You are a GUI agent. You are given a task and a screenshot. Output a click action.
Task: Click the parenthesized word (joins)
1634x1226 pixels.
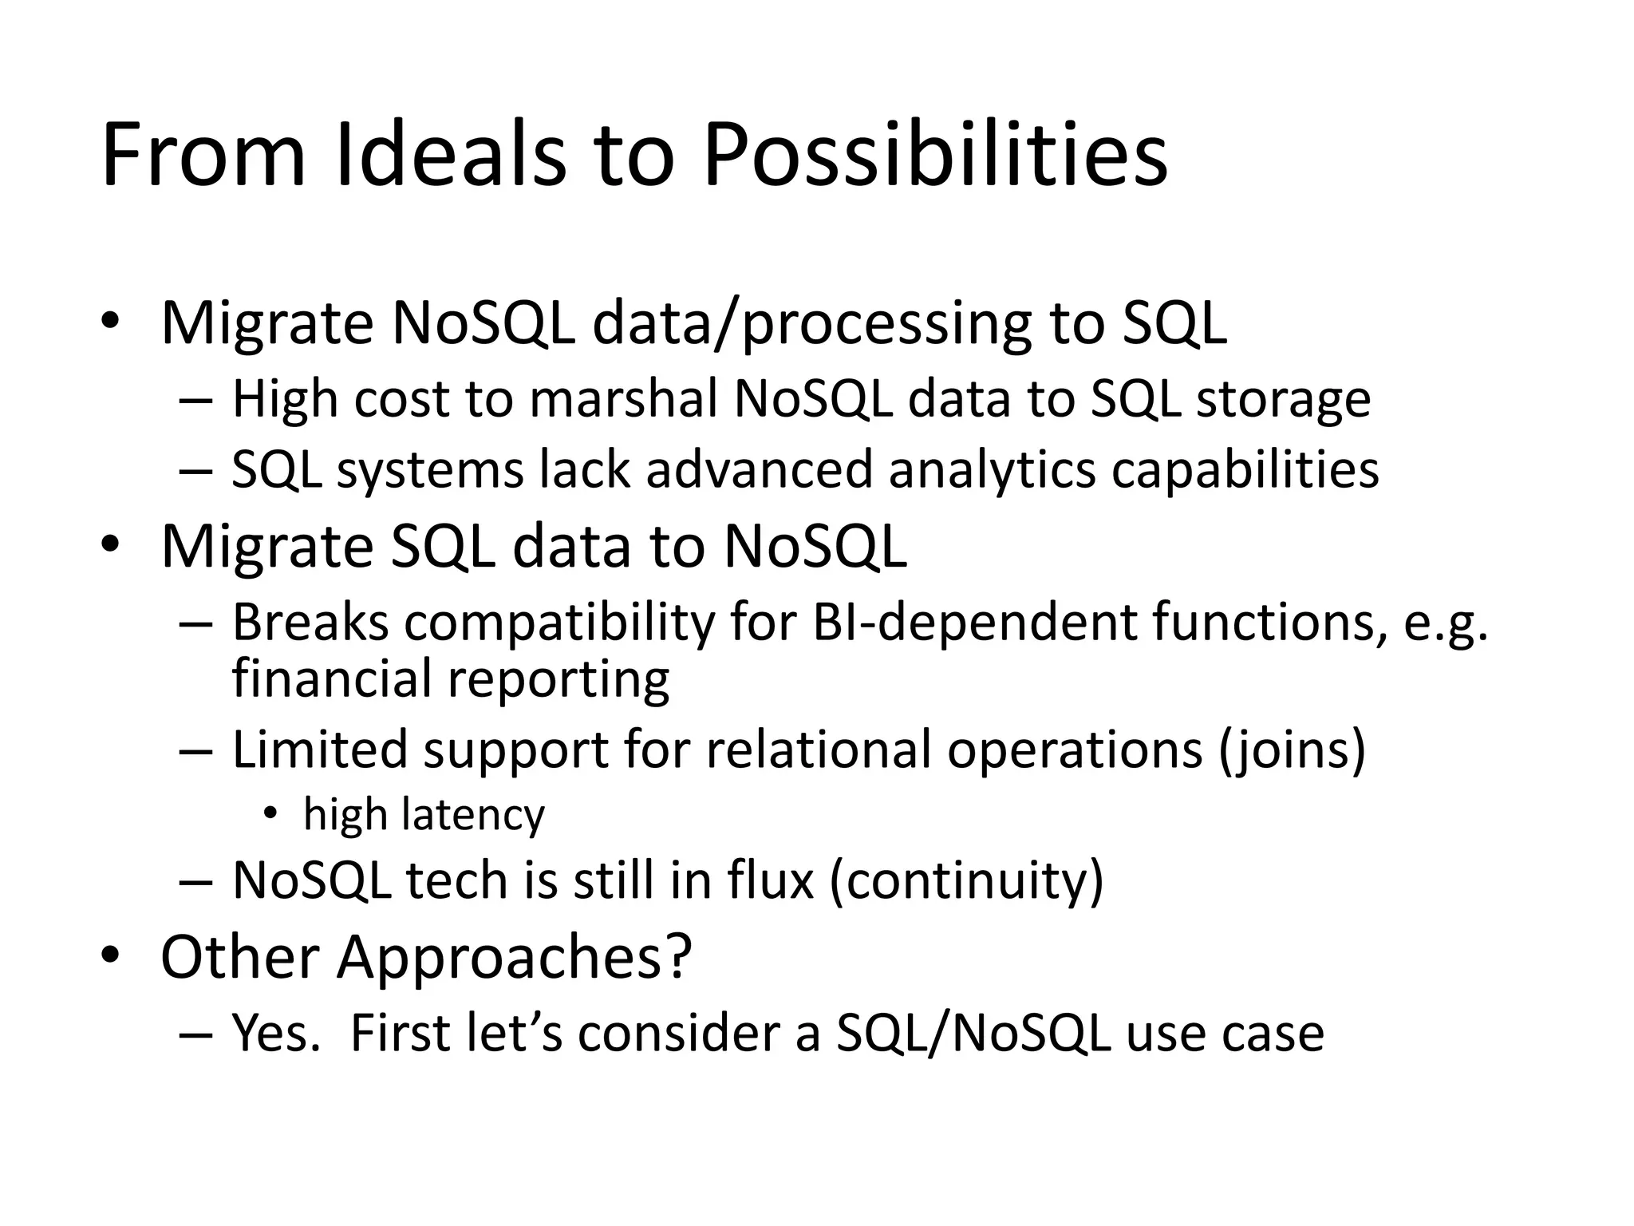(1292, 750)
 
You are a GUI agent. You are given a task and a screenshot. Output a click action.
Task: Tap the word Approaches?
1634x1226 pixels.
(514, 956)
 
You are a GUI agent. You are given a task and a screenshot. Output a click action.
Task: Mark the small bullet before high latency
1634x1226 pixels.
(270, 813)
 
